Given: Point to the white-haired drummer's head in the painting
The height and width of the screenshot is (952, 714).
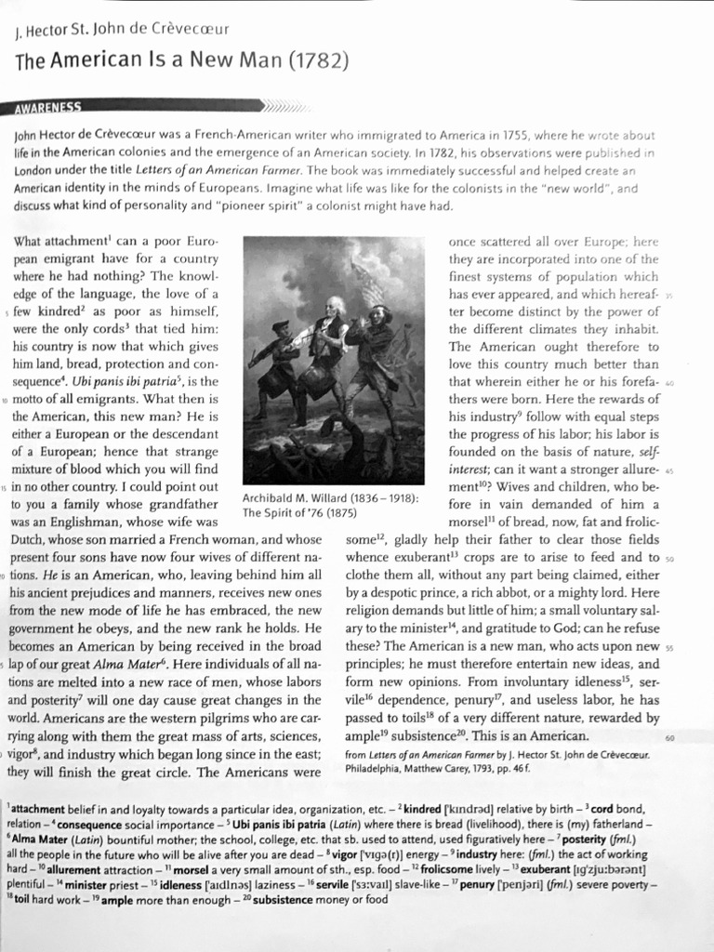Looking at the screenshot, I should pos(335,305).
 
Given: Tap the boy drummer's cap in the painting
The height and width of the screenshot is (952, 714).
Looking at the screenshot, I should pos(281,325).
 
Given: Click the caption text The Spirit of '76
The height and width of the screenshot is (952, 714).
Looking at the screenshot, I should pos(284,513).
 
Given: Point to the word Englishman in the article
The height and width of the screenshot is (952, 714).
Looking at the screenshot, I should pos(76,522).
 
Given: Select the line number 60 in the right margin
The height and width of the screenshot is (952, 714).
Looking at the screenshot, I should pos(669,736).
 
